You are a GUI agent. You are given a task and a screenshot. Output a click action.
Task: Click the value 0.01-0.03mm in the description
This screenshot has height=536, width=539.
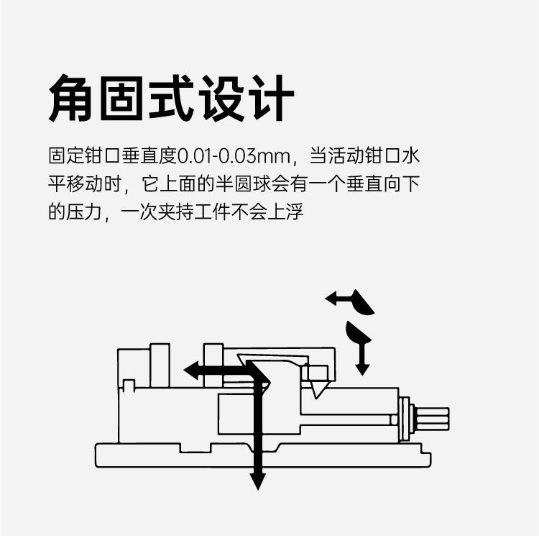(233, 155)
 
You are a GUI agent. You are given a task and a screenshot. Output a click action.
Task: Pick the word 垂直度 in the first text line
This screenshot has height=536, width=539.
(152, 155)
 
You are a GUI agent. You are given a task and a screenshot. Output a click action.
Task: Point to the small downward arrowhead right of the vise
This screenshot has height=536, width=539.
(362, 369)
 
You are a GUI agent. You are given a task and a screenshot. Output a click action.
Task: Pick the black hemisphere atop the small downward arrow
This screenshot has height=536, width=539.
(357, 332)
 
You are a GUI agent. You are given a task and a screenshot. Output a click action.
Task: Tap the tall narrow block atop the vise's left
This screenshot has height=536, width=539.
(160, 365)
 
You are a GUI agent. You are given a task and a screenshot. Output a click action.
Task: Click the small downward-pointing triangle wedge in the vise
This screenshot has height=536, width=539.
(317, 389)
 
